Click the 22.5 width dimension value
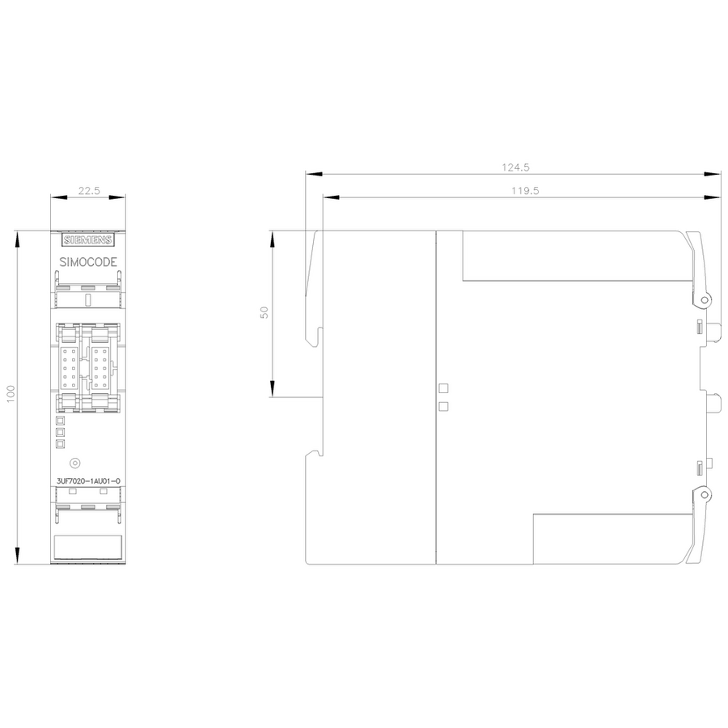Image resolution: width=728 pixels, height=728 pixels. [x=89, y=191]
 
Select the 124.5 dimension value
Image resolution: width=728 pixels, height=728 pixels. [x=515, y=167]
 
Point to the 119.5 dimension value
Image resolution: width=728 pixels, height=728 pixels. [x=525, y=191]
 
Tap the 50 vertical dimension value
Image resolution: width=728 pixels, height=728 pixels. [x=265, y=312]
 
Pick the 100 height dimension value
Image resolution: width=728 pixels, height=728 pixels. [x=11, y=394]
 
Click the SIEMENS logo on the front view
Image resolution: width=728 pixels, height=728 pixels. [x=88, y=240]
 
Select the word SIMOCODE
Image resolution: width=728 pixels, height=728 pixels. [x=88, y=262]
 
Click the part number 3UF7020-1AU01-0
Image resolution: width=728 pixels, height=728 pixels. [x=88, y=481]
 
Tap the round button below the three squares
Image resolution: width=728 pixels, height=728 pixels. [x=74, y=463]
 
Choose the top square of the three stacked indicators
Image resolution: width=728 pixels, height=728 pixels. [x=61, y=421]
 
